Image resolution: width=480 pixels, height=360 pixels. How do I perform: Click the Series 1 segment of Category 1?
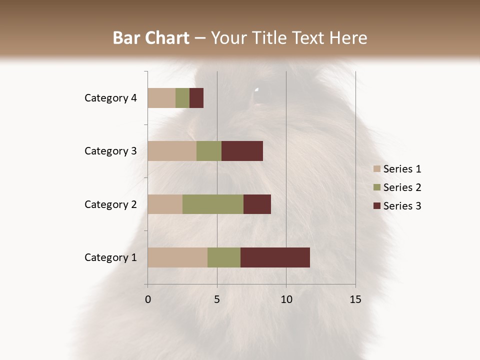(177, 257)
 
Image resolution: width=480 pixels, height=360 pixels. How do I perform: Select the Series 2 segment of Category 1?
(224, 257)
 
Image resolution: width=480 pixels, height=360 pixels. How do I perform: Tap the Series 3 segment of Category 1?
(275, 257)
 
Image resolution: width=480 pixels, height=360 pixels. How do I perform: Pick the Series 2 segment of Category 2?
(213, 204)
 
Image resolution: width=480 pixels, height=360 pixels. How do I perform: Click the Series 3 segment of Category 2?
(257, 204)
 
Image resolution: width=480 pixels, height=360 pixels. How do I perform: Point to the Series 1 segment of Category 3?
(172, 151)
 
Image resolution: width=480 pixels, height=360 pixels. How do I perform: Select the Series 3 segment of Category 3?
(242, 151)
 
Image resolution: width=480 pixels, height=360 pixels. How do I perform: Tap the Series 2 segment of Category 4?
(182, 98)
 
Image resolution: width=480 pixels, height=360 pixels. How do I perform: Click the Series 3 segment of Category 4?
(196, 98)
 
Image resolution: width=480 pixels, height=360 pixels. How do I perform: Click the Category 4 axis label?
(110, 98)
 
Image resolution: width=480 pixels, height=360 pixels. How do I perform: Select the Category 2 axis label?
(110, 204)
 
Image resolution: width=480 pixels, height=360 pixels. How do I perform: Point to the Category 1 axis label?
(110, 257)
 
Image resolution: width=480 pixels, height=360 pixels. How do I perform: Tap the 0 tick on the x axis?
(148, 299)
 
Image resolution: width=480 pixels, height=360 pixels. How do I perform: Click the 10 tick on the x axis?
(286, 299)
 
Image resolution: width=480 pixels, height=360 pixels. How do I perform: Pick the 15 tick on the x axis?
(355, 299)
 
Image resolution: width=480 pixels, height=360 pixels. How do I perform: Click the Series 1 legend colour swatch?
(376, 169)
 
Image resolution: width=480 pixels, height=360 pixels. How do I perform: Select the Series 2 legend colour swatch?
(376, 187)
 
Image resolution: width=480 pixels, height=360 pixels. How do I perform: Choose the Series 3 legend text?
(402, 206)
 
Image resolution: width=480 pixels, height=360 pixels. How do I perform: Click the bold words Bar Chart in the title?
(151, 38)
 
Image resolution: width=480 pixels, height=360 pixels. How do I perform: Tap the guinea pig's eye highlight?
(257, 90)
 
